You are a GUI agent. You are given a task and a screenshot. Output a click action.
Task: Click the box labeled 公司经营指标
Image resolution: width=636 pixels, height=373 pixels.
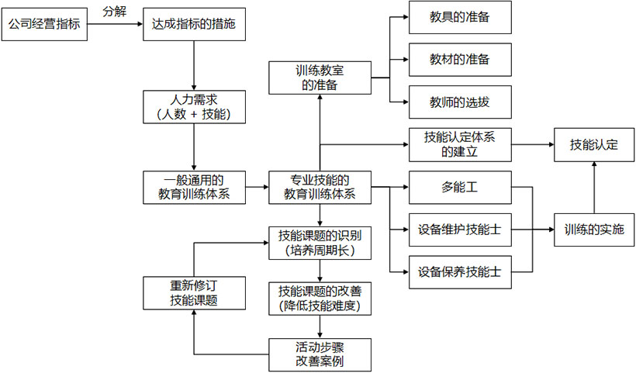45,26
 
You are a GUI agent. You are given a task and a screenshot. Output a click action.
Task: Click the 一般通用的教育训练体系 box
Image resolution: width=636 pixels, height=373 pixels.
192,188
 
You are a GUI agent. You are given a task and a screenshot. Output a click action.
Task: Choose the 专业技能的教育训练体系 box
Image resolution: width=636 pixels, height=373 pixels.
319,188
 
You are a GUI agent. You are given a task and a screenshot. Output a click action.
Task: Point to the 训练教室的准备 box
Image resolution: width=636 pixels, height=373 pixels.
319,78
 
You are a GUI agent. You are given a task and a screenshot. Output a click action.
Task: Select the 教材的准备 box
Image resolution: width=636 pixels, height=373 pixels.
460,59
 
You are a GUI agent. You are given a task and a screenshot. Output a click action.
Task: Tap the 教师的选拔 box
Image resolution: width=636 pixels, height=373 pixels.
460,102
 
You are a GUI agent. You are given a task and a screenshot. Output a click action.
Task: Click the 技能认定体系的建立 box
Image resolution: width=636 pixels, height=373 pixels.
460,144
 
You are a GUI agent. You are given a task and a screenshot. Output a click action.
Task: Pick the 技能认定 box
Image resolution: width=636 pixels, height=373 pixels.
593,144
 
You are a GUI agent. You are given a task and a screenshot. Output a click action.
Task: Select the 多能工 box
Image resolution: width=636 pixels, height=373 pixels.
460,187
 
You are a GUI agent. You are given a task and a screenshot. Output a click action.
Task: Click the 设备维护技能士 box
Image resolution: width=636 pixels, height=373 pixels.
460,230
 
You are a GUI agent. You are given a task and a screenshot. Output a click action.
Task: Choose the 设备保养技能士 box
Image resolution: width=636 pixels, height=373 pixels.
460,272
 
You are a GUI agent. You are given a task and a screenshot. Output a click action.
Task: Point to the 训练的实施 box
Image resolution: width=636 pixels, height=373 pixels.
593,230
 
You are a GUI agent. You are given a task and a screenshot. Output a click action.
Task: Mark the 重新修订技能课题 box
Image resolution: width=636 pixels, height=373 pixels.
192,292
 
